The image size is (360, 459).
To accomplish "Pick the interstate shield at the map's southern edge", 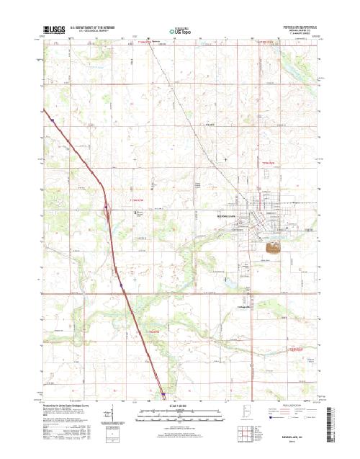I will point(163,394).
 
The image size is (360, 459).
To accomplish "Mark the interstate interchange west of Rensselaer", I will point(107,210).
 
